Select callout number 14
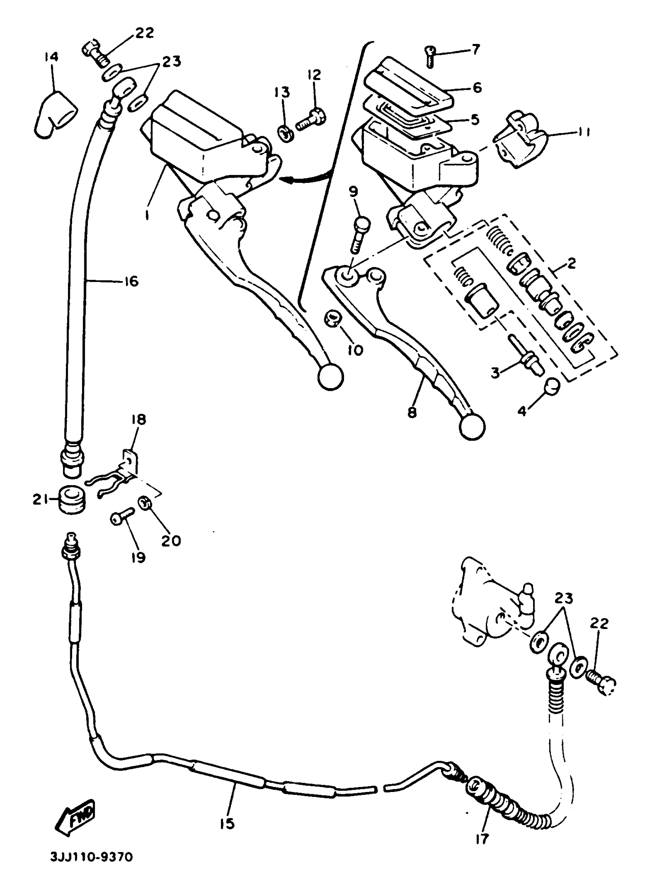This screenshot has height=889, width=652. tap(51, 57)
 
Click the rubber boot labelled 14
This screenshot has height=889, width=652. tap(56, 114)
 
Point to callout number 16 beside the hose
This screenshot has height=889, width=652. tap(132, 282)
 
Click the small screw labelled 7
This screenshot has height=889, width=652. tap(430, 55)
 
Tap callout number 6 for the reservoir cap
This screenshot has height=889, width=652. tap(477, 87)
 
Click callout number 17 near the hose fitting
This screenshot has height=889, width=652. tap(481, 839)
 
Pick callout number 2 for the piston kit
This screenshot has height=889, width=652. tap(571, 263)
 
